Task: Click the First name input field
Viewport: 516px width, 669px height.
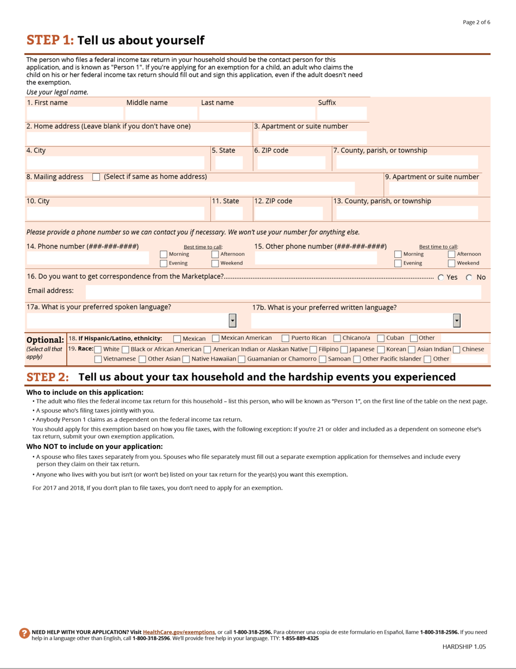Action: tap(74, 113)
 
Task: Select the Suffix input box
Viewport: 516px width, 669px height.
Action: tap(342, 113)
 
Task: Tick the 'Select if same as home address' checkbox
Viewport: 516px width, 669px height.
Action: tap(96, 177)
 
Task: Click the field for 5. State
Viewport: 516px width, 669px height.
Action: tap(229, 163)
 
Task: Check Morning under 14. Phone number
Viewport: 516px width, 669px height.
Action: tap(163, 254)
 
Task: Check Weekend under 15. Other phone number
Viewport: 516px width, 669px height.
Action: tap(451, 263)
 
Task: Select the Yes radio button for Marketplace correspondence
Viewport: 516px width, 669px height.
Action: tap(441, 277)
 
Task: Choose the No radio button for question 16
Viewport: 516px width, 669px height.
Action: tap(469, 277)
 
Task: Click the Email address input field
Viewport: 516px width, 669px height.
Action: tap(283, 292)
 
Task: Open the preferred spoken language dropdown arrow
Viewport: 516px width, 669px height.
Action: tap(232, 321)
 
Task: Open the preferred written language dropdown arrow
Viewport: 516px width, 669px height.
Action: tap(456, 321)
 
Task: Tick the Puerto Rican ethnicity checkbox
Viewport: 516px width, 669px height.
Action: tap(286, 338)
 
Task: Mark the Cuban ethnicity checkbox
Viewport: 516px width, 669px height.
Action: tap(381, 338)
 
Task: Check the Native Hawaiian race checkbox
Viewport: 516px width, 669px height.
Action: tap(186, 359)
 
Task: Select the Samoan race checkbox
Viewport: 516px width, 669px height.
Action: tap(323, 359)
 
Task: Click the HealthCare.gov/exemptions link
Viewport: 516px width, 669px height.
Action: tap(179, 632)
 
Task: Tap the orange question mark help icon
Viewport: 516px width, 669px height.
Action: tap(24, 633)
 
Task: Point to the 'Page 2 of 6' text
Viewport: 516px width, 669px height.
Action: tap(476, 22)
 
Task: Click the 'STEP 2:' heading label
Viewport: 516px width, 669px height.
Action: tap(48, 377)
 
